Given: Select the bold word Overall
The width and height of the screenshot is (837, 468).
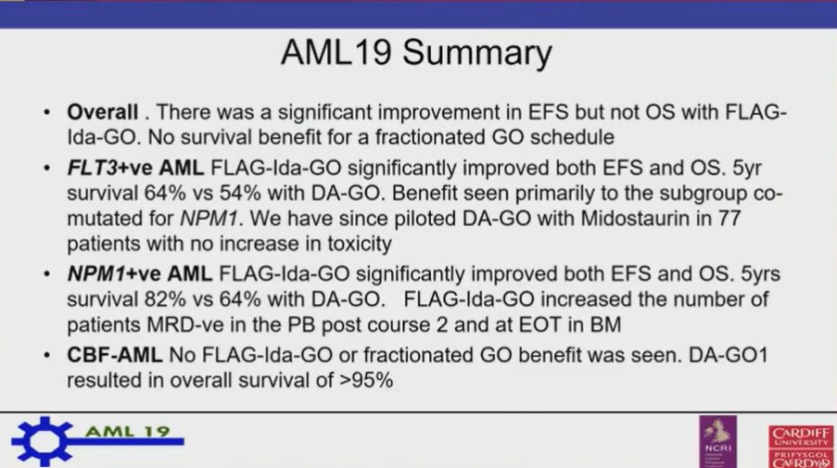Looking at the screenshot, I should pos(102,113).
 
